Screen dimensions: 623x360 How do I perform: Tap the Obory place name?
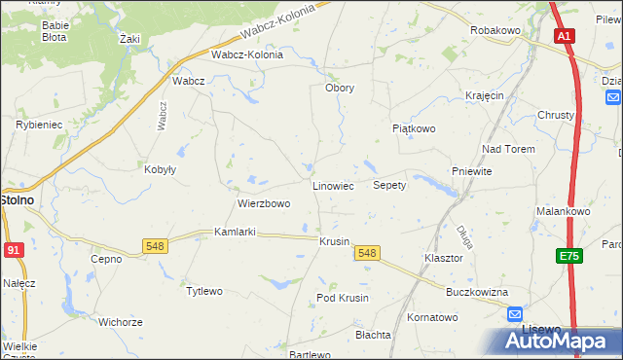[339, 88]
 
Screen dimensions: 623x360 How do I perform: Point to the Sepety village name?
[389, 185]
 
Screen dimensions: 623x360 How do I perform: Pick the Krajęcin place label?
[484, 95]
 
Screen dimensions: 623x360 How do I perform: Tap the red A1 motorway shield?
[566, 36]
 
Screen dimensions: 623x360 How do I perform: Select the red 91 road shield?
[13, 250]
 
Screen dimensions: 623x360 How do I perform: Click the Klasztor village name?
[442, 259]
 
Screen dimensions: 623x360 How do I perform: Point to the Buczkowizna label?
[478, 292]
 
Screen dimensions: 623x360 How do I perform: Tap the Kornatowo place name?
[432, 317]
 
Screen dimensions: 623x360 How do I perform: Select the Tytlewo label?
[204, 291]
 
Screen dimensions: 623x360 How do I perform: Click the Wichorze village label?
[121, 321]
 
